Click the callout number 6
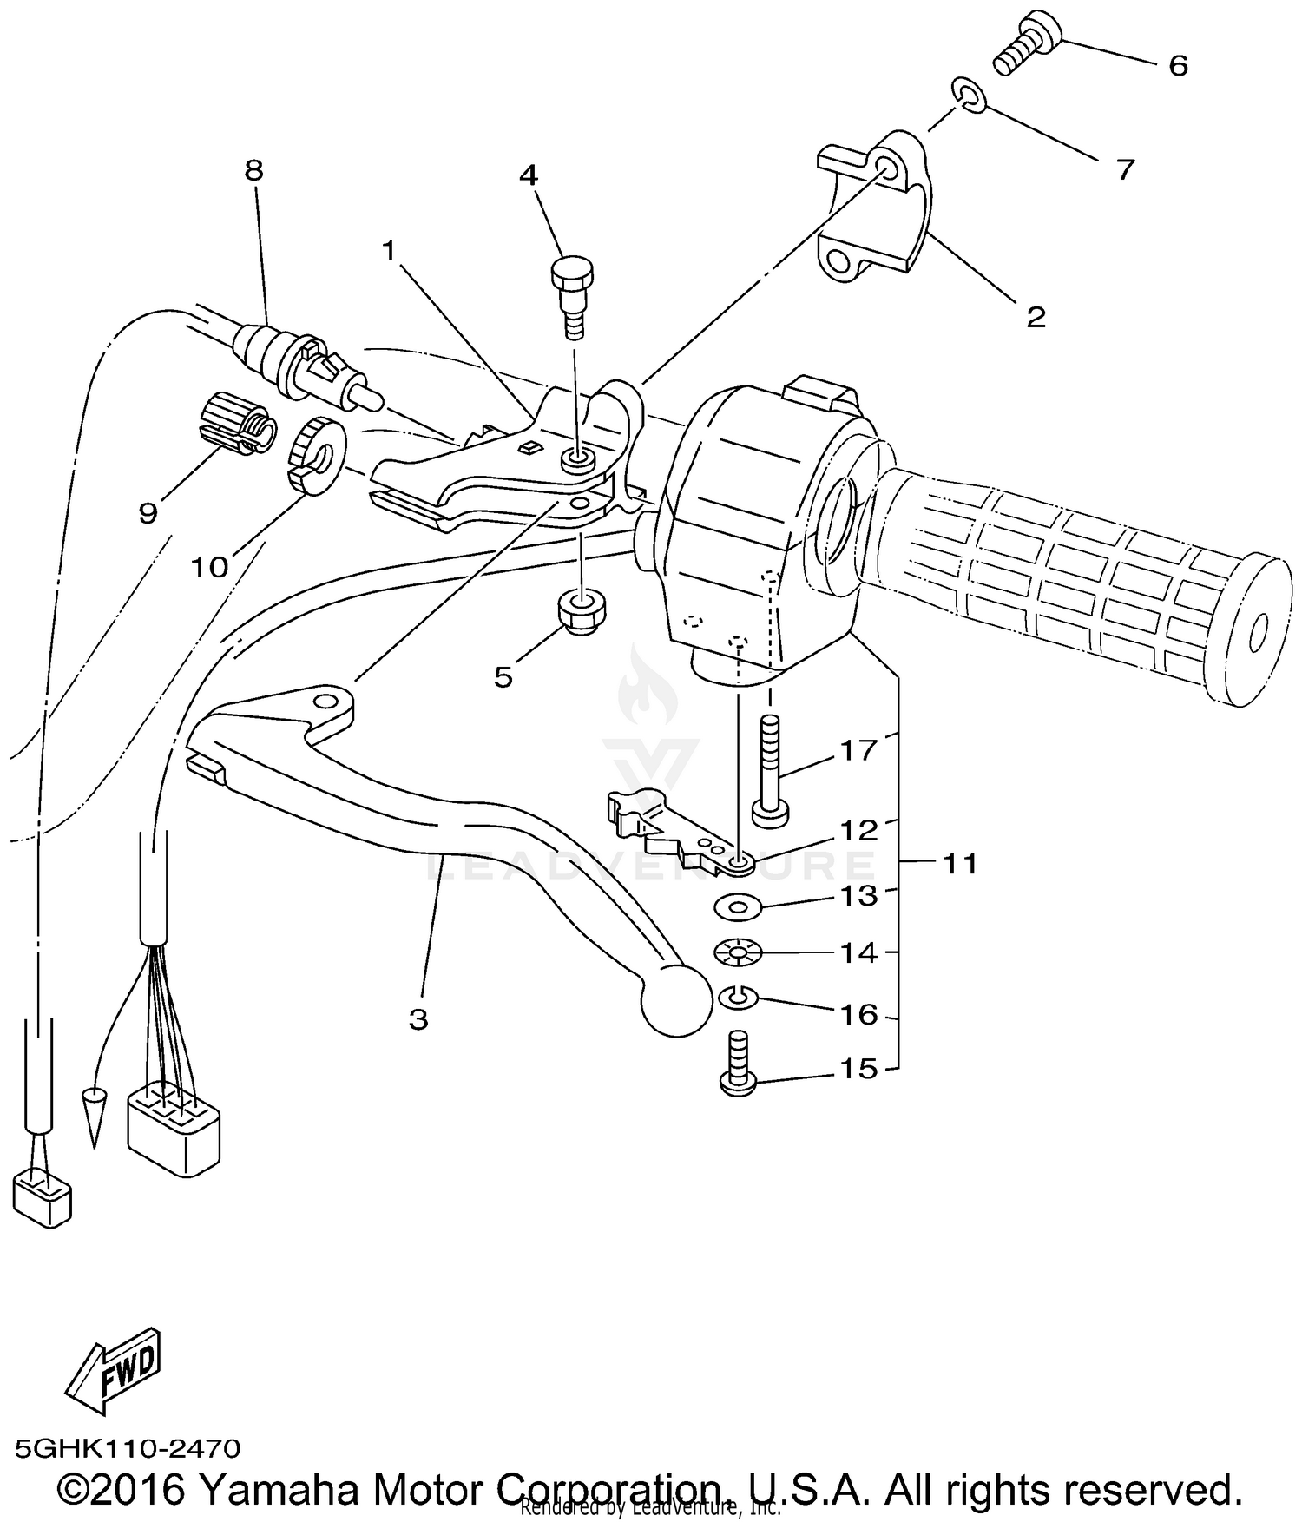tap(1178, 66)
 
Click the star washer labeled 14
tap(737, 953)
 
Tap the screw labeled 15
tap(739, 1064)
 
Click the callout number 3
tap(418, 1019)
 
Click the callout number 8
tap(253, 170)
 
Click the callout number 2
tap(1036, 318)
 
